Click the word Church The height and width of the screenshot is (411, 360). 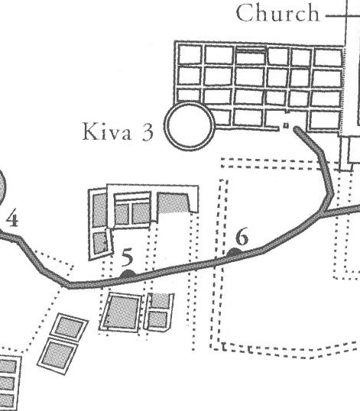click(277, 13)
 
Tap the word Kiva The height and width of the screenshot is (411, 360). click(107, 131)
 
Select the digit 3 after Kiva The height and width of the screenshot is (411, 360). click(148, 132)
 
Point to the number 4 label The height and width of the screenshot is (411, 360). click(12, 218)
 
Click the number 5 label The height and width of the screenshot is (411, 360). click(128, 257)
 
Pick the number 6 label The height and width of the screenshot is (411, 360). click(242, 236)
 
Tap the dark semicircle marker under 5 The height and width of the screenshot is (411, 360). click(128, 274)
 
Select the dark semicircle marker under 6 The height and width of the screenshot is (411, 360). click(234, 252)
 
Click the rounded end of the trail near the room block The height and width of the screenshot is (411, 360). click(297, 129)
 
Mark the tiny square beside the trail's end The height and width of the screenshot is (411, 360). click(286, 126)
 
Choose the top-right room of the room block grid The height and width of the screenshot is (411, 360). click(329, 57)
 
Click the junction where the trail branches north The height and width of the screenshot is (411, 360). click(323, 212)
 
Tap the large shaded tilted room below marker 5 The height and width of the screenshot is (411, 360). click(122, 312)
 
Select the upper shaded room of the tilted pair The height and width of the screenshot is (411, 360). click(70, 328)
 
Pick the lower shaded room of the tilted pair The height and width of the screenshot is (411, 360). click(59, 354)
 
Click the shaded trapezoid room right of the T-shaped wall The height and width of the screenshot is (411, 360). click(174, 202)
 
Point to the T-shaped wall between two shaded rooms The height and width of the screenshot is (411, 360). click(131, 212)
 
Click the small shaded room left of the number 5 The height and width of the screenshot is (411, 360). click(100, 243)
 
